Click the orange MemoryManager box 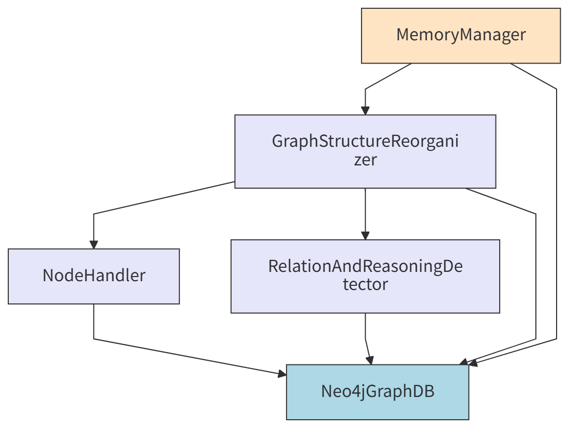click(x=460, y=36)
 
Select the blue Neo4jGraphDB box click(x=378, y=392)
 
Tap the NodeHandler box click(x=94, y=276)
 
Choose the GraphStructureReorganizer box click(x=365, y=151)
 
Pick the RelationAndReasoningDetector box click(x=365, y=276)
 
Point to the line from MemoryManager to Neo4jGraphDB click(x=557, y=207)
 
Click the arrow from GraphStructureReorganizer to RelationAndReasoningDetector click(x=365, y=212)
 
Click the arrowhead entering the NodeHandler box click(x=94, y=244)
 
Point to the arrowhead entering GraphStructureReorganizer click(x=365, y=110)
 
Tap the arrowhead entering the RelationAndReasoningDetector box click(x=365, y=235)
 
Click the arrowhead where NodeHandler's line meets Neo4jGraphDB click(x=281, y=374)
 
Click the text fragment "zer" click(x=365, y=160)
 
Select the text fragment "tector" click(x=365, y=284)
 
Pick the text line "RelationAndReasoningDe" click(x=365, y=266)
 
